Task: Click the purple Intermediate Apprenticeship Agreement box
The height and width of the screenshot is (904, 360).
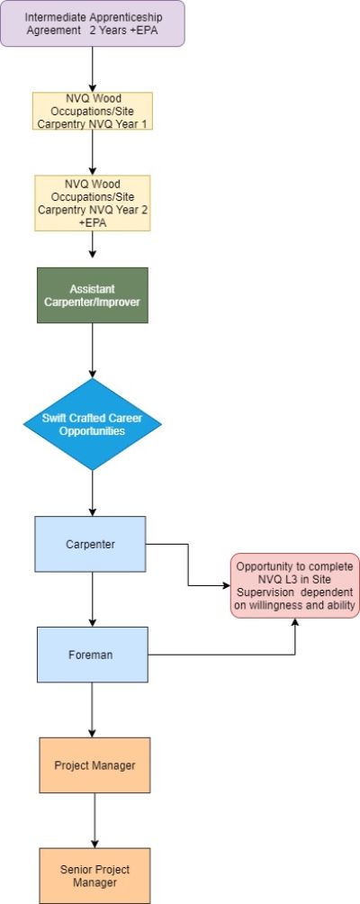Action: tap(92, 23)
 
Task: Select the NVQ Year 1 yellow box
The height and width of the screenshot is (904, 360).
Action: tap(92, 111)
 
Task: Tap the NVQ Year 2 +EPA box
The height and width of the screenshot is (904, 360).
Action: tap(92, 203)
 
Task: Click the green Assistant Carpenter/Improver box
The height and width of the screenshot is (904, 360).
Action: tap(92, 295)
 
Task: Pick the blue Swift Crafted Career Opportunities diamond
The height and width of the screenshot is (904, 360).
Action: tap(92, 424)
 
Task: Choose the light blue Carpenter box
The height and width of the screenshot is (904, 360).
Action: tap(90, 544)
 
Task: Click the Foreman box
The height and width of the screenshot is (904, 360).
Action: tap(92, 655)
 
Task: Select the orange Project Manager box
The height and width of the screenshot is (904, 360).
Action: tap(94, 765)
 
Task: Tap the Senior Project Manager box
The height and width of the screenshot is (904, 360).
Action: tap(94, 876)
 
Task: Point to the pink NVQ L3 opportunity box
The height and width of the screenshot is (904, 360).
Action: tap(295, 586)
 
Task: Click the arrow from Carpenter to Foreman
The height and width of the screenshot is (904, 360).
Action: tap(92, 600)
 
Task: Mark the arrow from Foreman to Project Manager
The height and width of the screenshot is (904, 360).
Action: tap(92, 710)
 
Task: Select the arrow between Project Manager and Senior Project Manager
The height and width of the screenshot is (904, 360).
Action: tap(94, 820)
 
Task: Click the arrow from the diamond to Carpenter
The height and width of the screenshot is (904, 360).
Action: tap(92, 493)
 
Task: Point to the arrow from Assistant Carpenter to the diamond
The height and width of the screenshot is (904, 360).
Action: tap(92, 350)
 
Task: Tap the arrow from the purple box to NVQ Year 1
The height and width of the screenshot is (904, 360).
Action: tap(92, 69)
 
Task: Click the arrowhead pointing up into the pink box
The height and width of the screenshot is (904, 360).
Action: tap(295, 622)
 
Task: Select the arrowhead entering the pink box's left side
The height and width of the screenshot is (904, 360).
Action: tap(227, 586)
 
